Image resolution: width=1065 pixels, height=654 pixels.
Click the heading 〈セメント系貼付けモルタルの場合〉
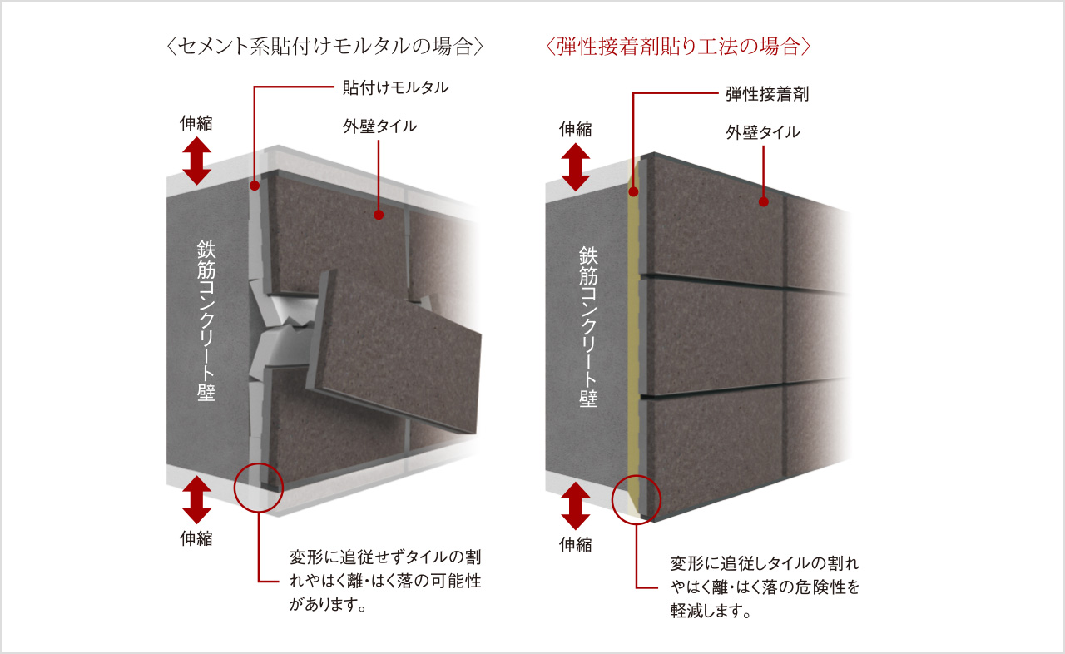click(325, 47)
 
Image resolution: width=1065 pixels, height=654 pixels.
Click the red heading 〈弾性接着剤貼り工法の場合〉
click(678, 47)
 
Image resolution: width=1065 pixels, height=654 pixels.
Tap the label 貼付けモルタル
click(395, 87)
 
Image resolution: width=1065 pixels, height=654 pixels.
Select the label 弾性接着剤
click(767, 94)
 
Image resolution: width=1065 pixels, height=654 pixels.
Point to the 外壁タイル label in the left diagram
click(379, 126)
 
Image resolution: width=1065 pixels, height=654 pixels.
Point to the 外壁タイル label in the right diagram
click(763, 132)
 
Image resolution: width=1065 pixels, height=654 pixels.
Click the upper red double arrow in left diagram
click(197, 161)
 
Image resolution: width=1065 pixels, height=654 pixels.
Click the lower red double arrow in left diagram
click(197, 500)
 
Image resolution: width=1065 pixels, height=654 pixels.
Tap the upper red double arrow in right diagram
click(576, 167)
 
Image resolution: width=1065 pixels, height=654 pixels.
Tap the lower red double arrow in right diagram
click(576, 506)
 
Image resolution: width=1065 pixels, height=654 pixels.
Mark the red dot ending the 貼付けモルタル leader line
click(255, 186)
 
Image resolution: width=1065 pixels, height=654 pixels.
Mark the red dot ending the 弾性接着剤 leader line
click(633, 191)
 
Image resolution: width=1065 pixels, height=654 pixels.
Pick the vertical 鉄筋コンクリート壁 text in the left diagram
click(206, 321)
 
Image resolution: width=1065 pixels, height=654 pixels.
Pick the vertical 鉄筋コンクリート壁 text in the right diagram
click(588, 327)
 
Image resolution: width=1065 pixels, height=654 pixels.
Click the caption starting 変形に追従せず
click(385, 581)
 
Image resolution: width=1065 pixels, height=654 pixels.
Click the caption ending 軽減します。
click(765, 587)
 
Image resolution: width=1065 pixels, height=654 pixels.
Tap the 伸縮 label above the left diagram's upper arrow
click(196, 123)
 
